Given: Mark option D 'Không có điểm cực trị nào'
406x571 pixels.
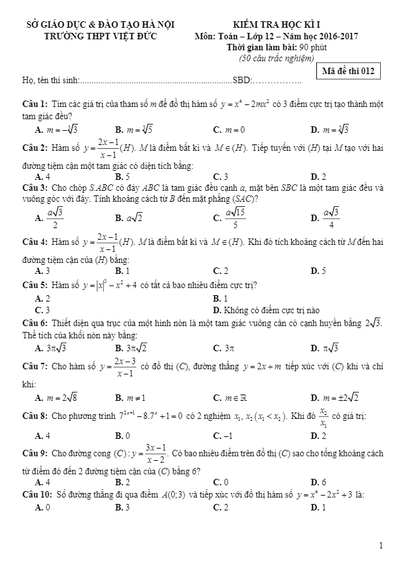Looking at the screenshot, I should click(266, 309).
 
